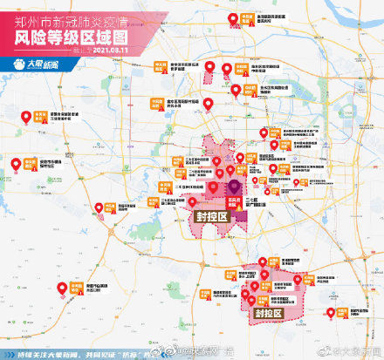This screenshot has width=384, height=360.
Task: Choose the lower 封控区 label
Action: (268, 311)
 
